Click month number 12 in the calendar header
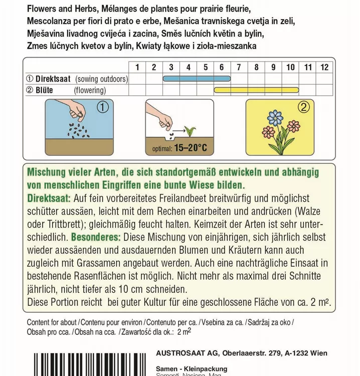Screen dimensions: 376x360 [324, 67]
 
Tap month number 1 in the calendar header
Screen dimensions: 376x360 [137, 67]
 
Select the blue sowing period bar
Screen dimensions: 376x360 [196, 79]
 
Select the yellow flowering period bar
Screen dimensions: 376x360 [273, 90]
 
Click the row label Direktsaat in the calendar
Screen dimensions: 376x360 [53, 79]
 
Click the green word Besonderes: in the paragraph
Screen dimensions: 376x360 [96, 236]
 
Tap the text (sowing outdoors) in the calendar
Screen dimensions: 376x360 [101, 79]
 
